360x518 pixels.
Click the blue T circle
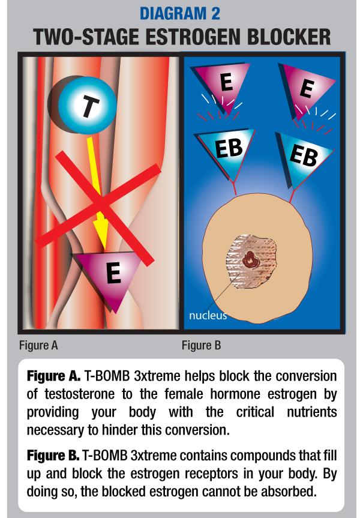88,105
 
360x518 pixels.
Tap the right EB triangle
304,157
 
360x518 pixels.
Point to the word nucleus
208,316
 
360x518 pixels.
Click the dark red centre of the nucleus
250,259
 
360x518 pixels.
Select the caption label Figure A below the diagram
38,346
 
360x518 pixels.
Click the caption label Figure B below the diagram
201,346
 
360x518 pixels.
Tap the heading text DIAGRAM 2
179,14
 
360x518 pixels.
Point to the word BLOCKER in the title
289,37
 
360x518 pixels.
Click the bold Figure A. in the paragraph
53,376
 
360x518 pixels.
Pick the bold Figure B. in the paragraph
53,456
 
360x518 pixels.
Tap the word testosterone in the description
80,394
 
